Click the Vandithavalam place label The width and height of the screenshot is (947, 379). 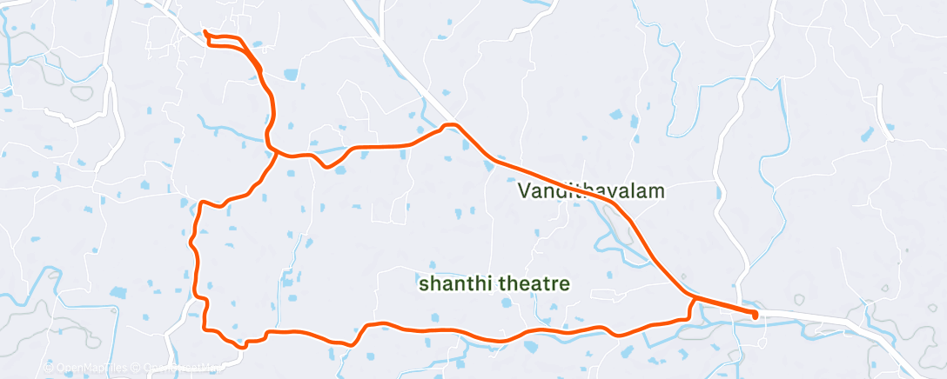tap(591, 191)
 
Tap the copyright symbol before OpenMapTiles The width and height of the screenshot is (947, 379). tap(49, 368)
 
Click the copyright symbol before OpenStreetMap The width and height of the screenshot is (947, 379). tap(138, 368)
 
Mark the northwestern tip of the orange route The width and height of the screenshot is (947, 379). tap(205, 33)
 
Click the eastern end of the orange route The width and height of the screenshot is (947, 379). tap(755, 314)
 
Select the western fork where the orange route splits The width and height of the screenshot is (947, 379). tap(275, 152)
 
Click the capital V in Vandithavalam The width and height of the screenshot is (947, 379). tap(524, 191)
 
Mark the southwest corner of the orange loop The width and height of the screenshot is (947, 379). tap(205, 327)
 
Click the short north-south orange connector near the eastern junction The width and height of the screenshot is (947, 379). tap(692, 309)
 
